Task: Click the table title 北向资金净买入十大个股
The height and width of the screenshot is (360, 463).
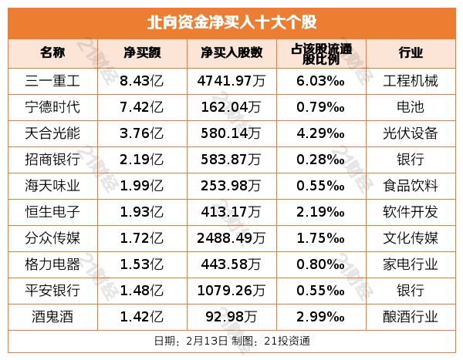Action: (x=231, y=21)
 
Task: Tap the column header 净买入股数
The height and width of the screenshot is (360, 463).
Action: (x=231, y=53)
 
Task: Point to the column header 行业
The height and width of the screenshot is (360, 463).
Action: (x=411, y=53)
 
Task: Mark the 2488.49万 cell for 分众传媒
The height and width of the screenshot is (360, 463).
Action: (x=231, y=239)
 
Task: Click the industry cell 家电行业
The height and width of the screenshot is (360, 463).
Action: (x=411, y=265)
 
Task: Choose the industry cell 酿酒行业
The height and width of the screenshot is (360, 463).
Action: (x=411, y=318)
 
